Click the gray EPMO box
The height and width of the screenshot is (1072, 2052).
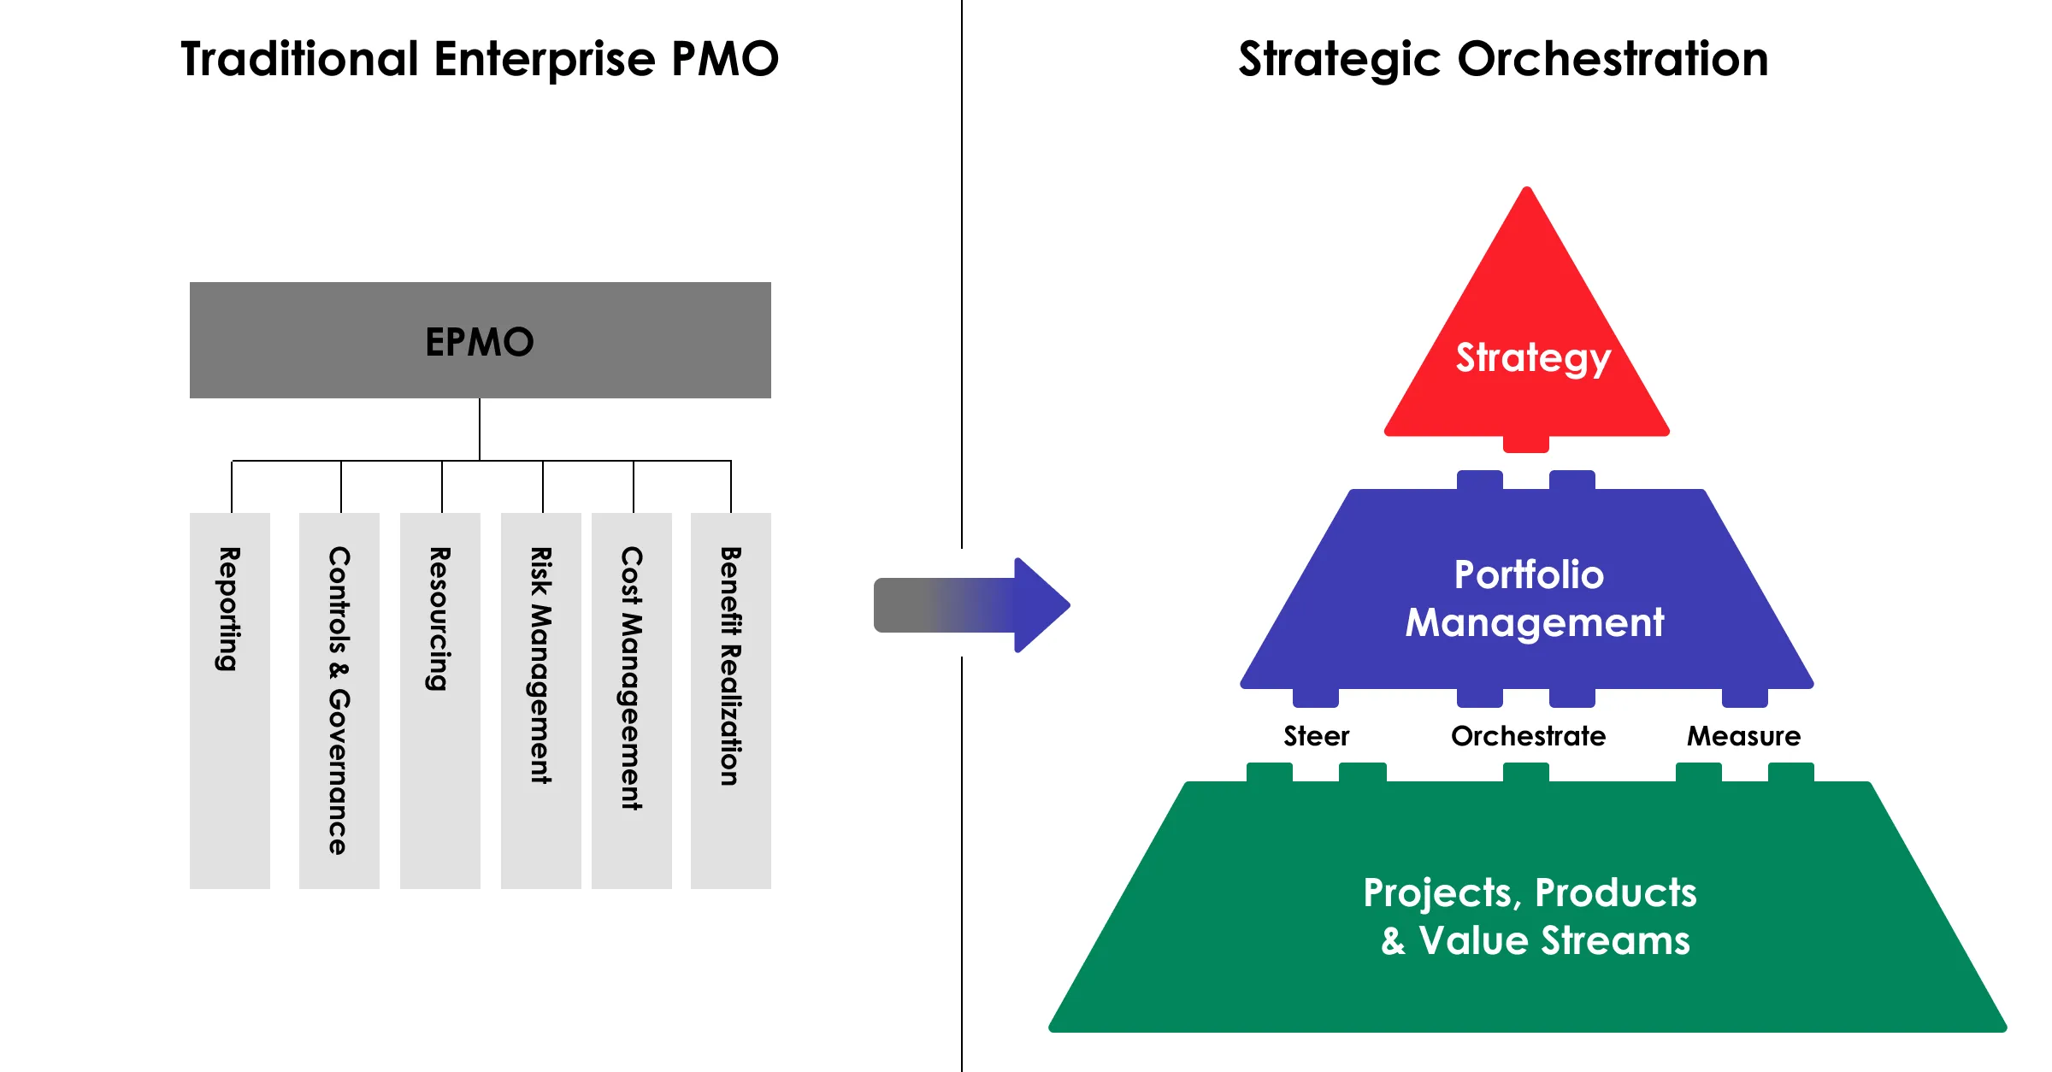click(x=480, y=340)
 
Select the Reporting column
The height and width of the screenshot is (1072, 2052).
click(x=230, y=701)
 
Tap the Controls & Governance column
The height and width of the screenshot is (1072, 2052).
click(x=339, y=701)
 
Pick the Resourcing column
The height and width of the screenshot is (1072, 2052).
click(x=440, y=701)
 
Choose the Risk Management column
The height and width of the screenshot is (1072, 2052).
click(x=541, y=701)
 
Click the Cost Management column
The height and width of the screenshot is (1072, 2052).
click(x=632, y=701)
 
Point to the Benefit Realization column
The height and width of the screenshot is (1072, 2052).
click(x=731, y=701)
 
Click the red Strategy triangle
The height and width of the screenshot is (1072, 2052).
click(x=1527, y=342)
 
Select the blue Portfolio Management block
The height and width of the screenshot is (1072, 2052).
click(x=1527, y=590)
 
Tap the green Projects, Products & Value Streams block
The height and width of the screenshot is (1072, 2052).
click(x=1527, y=906)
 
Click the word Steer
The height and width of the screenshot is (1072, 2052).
click(x=1316, y=736)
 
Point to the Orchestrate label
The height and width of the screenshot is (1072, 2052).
click(x=1528, y=736)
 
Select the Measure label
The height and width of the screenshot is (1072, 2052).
click(x=1743, y=736)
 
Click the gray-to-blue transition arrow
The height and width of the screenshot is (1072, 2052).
click(x=972, y=605)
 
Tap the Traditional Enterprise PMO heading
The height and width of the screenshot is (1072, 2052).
click(x=480, y=59)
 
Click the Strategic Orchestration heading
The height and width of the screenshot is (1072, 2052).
click(x=1504, y=60)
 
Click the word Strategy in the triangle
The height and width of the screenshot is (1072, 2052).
click(x=1533, y=359)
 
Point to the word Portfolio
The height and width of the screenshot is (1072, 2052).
click(x=1529, y=574)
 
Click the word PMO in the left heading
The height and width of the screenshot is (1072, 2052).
click(x=725, y=59)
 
